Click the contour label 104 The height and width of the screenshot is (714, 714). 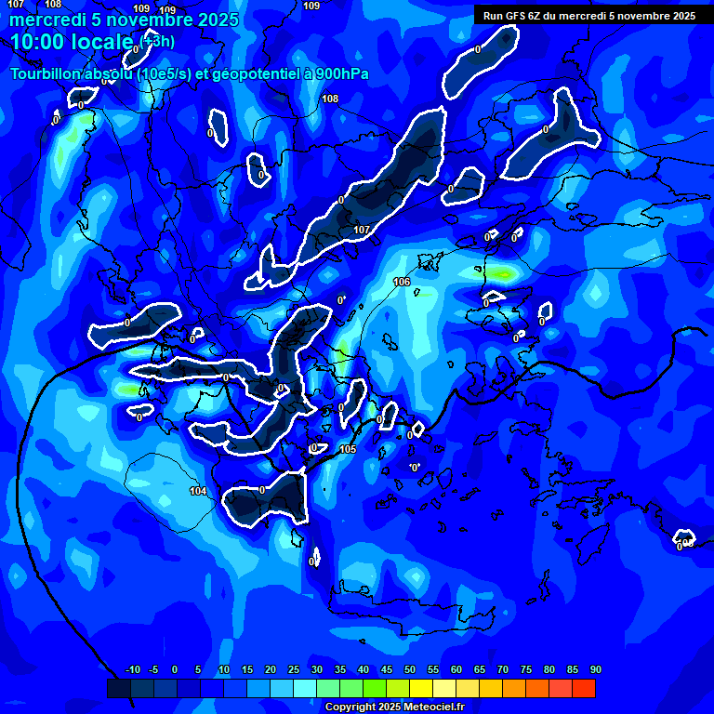click(x=198, y=491)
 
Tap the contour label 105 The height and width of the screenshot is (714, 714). click(x=348, y=450)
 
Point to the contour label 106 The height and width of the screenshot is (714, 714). click(x=402, y=282)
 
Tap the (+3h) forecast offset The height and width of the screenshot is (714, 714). click(x=156, y=41)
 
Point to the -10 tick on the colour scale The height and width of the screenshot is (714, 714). click(x=132, y=669)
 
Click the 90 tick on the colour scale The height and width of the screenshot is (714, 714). click(x=596, y=669)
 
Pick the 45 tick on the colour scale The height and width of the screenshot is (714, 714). click(x=387, y=669)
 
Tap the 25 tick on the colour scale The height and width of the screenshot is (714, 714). click(x=294, y=669)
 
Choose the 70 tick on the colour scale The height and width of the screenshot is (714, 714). click(x=503, y=669)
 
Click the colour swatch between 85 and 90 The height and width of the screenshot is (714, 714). click(x=584, y=688)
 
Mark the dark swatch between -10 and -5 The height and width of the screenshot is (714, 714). click(x=142, y=688)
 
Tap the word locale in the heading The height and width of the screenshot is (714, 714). click(x=101, y=42)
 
